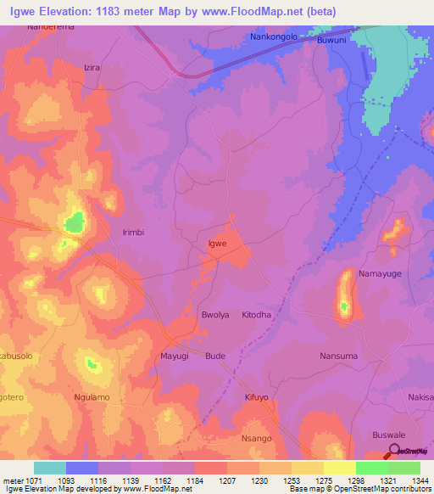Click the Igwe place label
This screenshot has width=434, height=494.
tap(218, 244)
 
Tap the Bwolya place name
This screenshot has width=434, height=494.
tap(215, 315)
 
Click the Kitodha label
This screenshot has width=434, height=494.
tap(257, 315)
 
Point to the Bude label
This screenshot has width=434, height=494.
tap(215, 356)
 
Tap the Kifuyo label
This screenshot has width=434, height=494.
tap(257, 397)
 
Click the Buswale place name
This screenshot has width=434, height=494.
tap(389, 435)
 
